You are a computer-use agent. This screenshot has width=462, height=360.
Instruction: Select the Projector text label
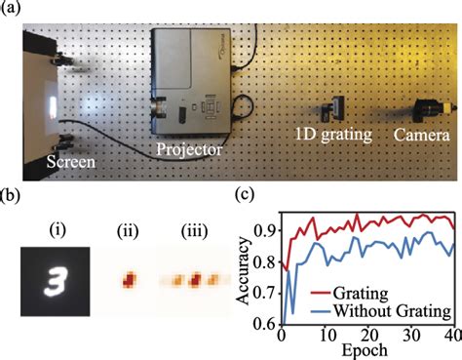pyautogui.click(x=189, y=150)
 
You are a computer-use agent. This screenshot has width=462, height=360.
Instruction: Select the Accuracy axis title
pyautogui.click(x=242, y=270)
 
